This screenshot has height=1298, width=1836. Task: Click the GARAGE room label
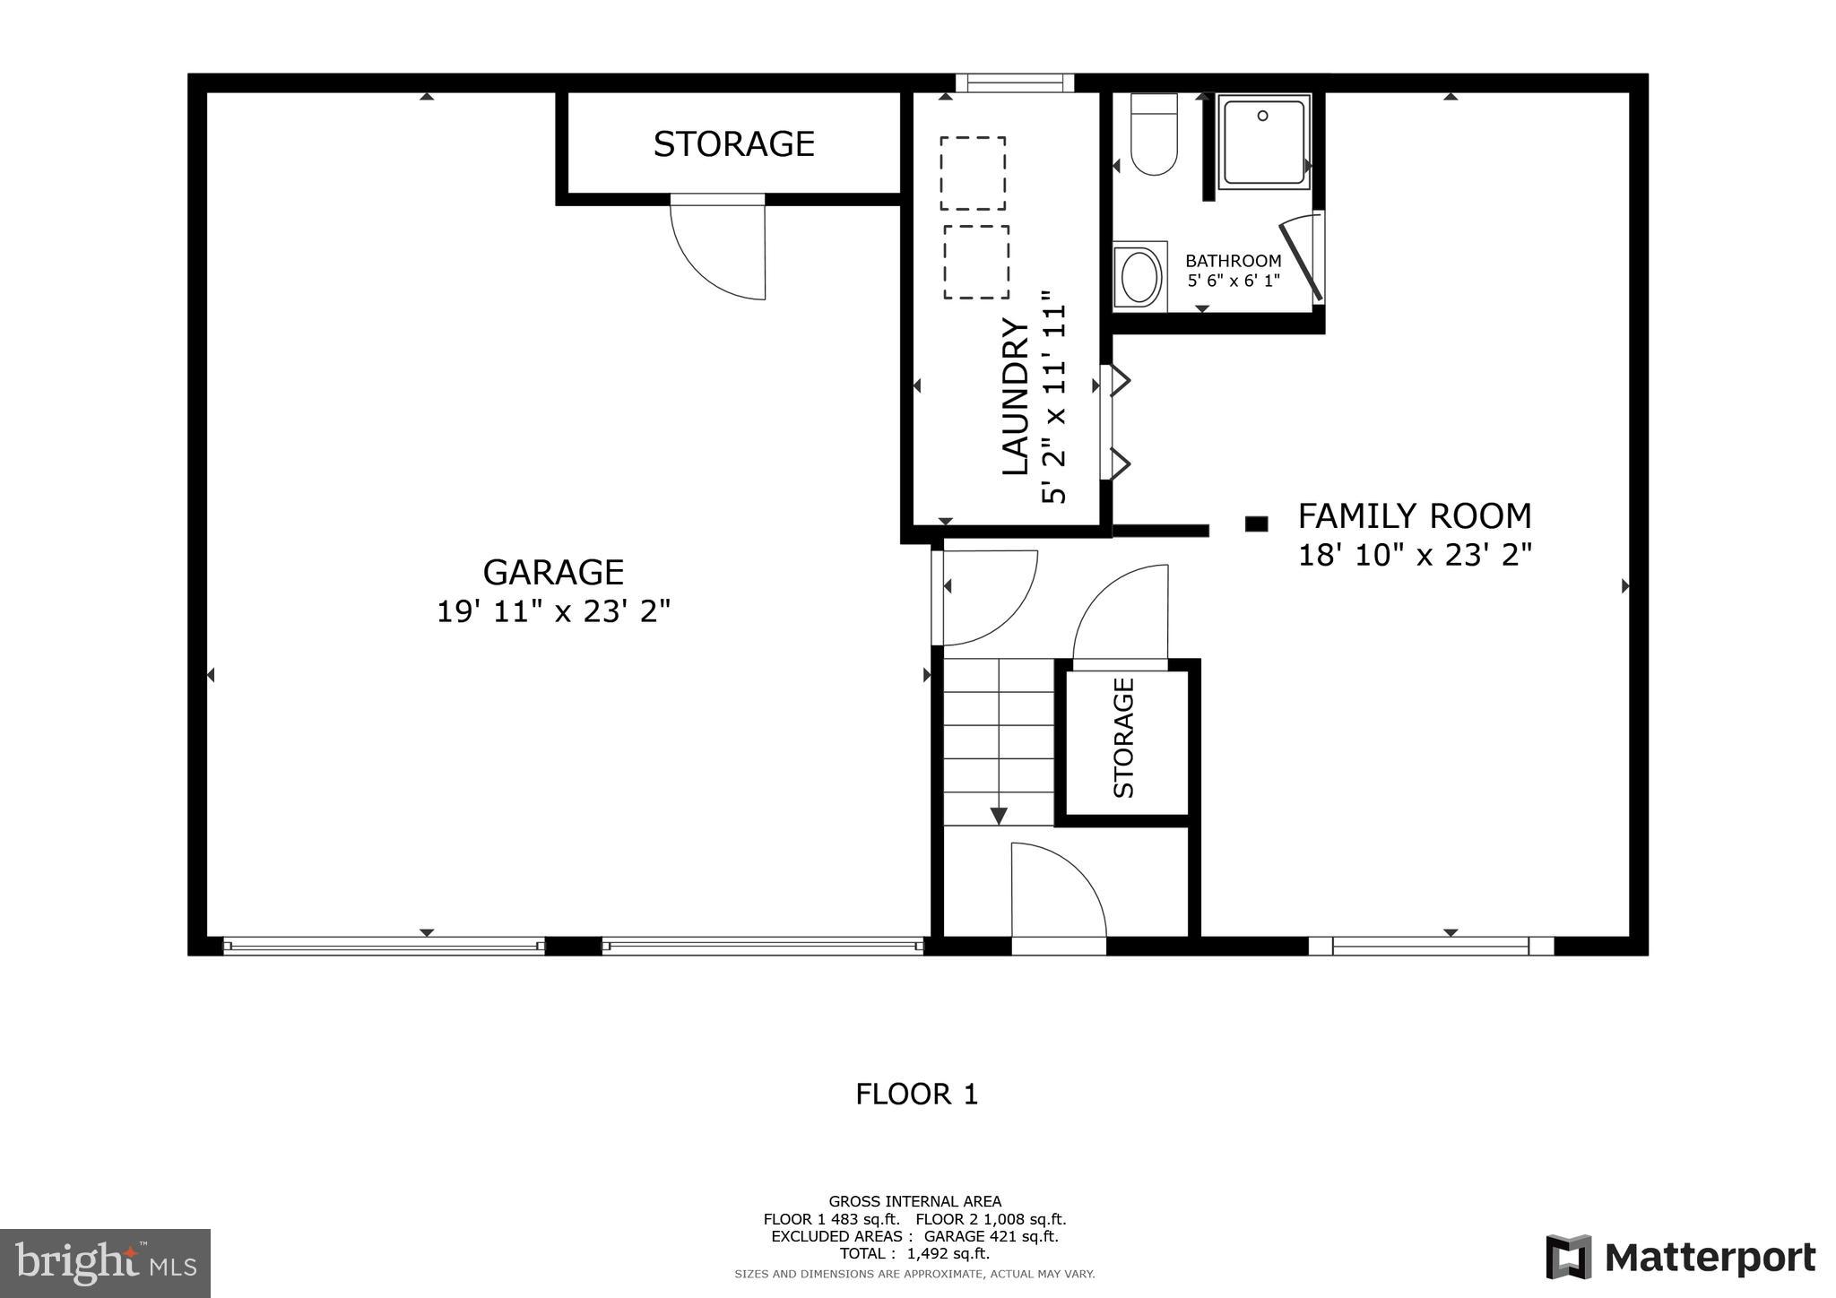[x=553, y=572]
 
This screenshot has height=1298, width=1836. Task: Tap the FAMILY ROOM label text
[x=1415, y=516]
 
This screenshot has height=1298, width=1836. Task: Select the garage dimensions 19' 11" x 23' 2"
[x=553, y=612]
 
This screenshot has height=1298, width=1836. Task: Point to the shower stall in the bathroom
[x=1263, y=142]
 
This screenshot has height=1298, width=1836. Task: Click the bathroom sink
[x=1140, y=276]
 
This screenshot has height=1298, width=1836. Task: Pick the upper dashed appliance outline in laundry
[x=973, y=173]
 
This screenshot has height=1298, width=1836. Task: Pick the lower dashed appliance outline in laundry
[x=975, y=262]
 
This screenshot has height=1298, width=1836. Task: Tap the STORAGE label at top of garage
[x=733, y=144]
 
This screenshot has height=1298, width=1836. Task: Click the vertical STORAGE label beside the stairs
[x=1124, y=737]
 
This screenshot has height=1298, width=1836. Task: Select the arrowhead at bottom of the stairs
[x=998, y=816]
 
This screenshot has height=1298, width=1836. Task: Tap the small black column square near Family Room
[x=1256, y=524]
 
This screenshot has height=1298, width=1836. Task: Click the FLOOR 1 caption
[x=916, y=1095]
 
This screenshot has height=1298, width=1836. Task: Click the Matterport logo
[x=1681, y=1258]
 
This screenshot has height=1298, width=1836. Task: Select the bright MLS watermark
[x=105, y=1263]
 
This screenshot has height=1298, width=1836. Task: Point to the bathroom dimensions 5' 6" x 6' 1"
[x=1234, y=281]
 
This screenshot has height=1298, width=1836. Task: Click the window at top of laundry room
[x=1015, y=83]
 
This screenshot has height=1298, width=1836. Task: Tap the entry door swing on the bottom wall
[x=1058, y=892]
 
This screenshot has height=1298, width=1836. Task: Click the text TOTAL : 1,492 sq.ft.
[x=914, y=1254]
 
